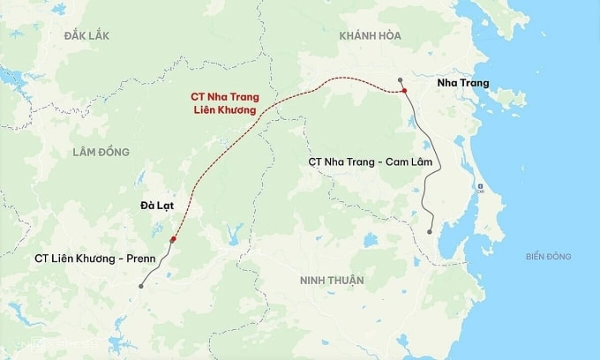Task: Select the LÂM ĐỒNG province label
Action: [x=101, y=152]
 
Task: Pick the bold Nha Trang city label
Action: [x=463, y=83]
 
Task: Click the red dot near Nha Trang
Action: [x=403, y=92]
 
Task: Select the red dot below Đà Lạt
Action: [x=174, y=239]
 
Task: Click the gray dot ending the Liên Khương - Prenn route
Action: [x=140, y=286]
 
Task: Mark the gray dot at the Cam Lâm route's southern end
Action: [x=430, y=232]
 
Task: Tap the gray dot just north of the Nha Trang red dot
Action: [x=400, y=79]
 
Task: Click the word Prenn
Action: [x=139, y=259]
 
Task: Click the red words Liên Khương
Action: [x=225, y=111]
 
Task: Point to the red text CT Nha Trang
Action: [x=225, y=97]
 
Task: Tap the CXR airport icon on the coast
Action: [x=480, y=187]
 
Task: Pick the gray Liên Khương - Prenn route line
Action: [x=159, y=268]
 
